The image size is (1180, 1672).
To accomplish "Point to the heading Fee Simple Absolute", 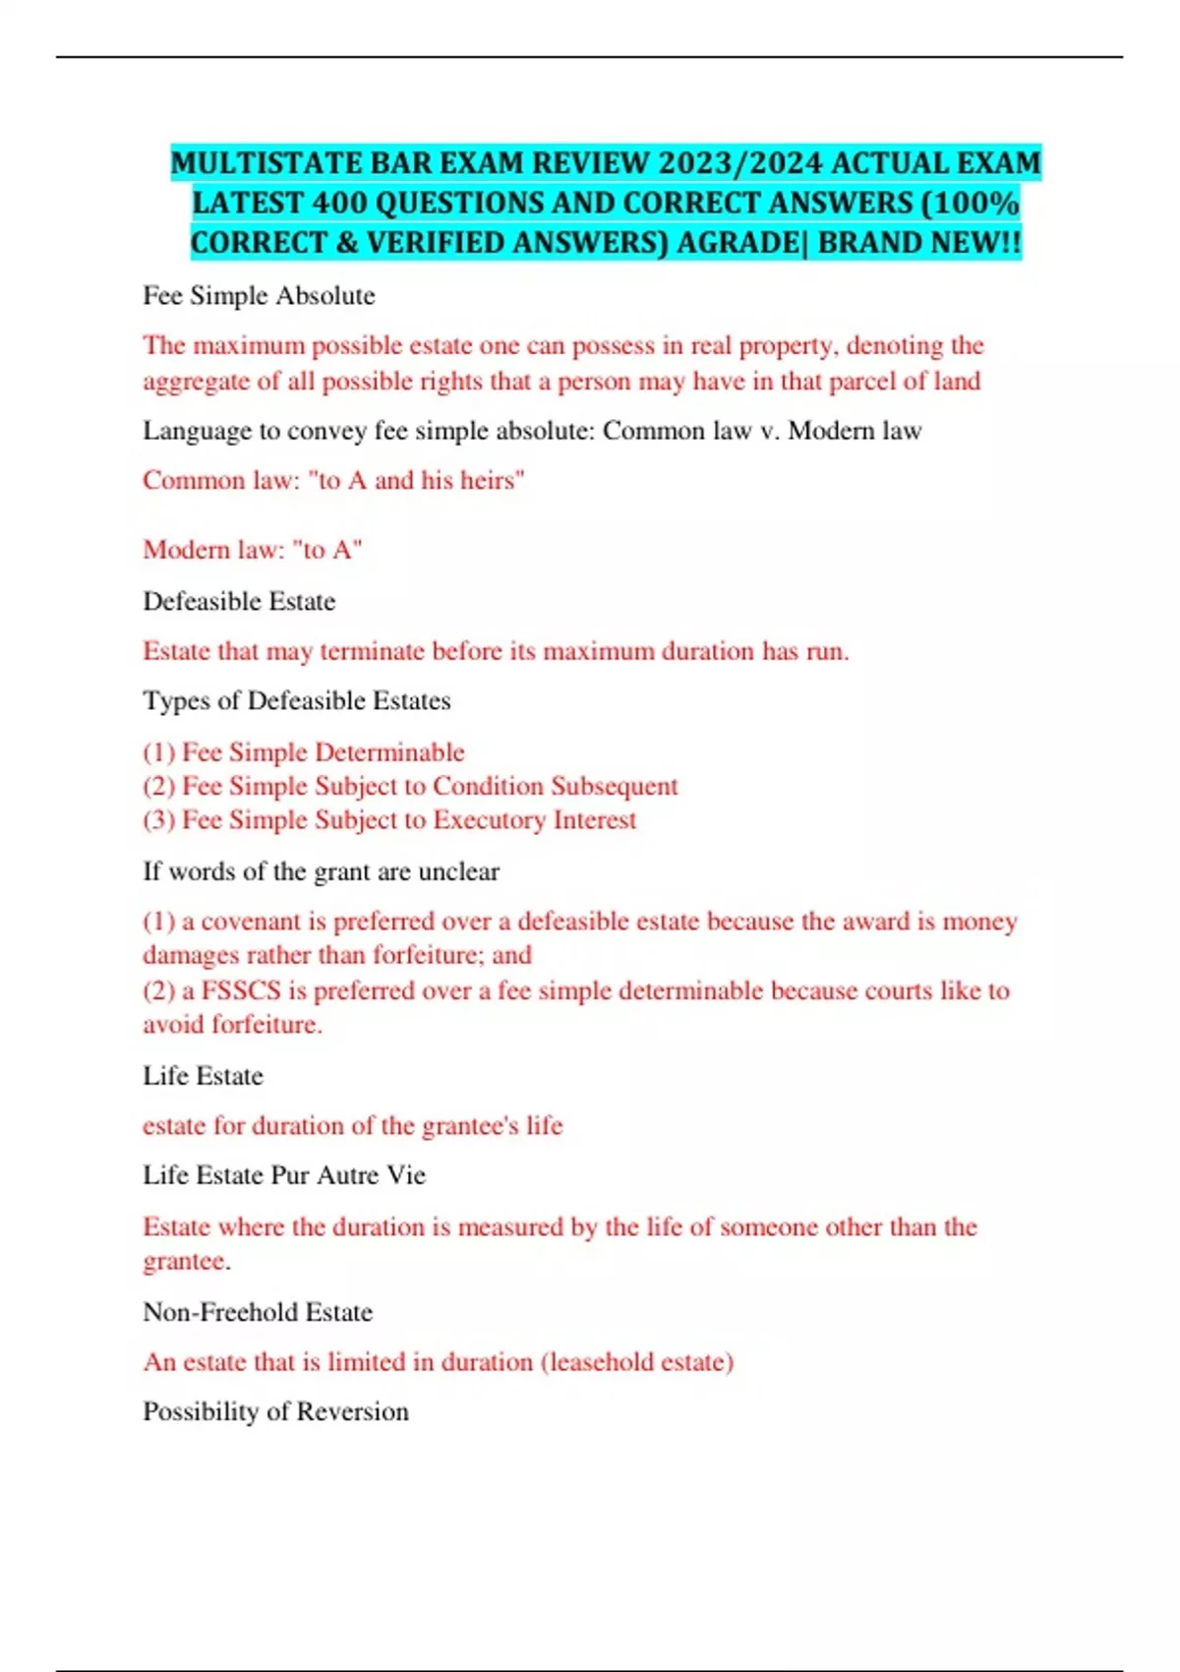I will coord(259,295).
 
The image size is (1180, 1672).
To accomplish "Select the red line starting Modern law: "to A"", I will coord(253,549).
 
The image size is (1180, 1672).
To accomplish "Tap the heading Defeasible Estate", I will coord(239,601).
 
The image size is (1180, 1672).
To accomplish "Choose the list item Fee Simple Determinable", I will coord(323,752).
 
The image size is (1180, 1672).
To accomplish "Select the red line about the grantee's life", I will coord(352,1125).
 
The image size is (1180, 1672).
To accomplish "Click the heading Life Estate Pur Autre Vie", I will coord(284,1175).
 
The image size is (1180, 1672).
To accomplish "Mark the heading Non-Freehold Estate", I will coord(258,1312).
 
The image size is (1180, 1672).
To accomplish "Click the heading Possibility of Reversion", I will coord(275,1411).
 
